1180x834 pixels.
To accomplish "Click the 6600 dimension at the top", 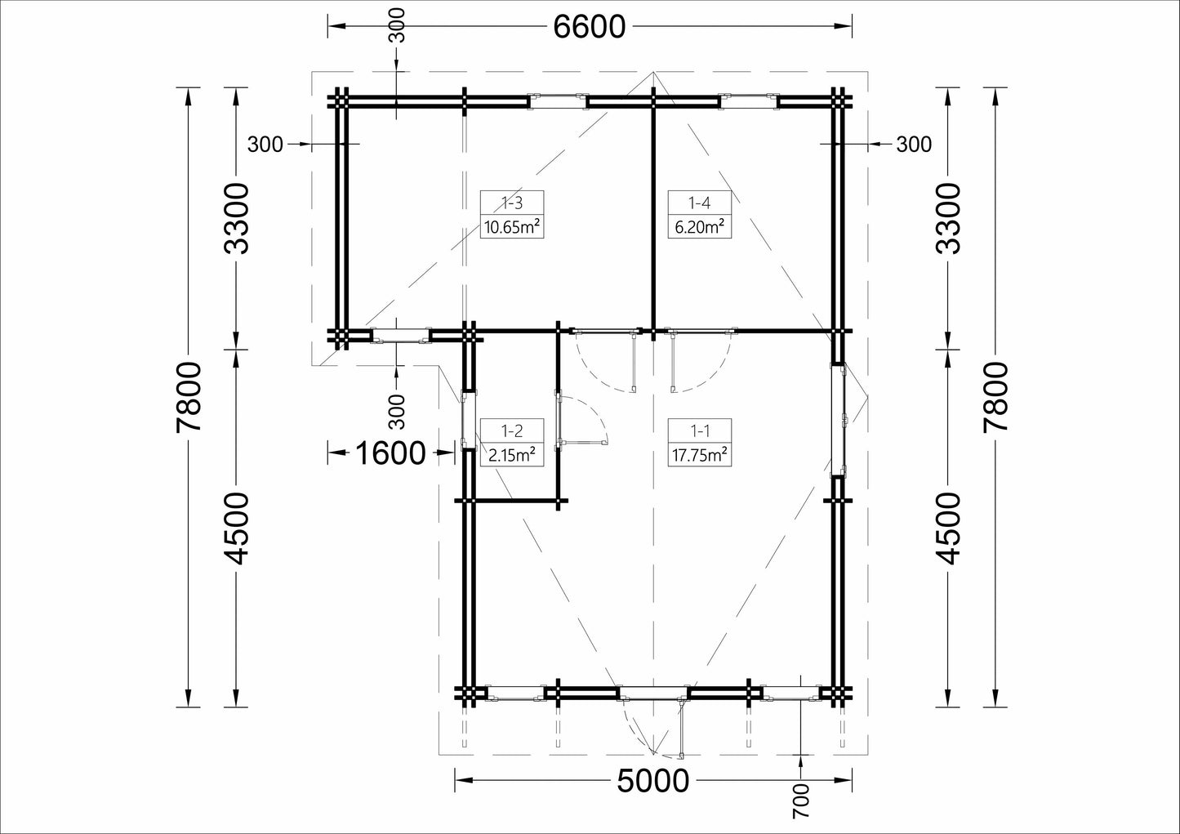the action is [589, 27].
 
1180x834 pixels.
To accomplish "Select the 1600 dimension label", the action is [390, 453].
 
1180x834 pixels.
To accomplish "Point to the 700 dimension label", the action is [800, 801].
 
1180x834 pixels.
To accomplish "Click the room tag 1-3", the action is [512, 203].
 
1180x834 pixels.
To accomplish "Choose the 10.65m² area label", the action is [512, 228].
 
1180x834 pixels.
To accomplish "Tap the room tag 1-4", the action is [700, 203].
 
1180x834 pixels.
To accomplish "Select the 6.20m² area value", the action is [700, 228].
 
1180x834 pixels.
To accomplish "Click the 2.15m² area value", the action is [512, 454].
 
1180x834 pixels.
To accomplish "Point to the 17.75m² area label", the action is [700, 454].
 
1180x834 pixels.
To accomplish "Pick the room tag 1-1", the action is [700, 431].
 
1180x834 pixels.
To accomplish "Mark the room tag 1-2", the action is [512, 431].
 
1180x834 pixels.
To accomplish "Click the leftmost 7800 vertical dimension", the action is [189, 397].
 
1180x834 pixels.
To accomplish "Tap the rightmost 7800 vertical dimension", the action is [995, 397].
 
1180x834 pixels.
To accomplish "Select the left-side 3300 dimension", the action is [236, 218].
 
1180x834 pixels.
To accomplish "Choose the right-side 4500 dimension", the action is [948, 528].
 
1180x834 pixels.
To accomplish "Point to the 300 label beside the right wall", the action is [914, 145].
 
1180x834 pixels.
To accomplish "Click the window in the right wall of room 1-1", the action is [839, 420].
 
